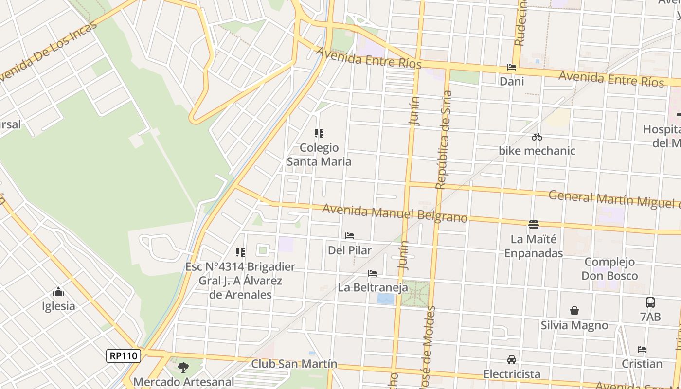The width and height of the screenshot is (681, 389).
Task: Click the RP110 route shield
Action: tap(124, 356)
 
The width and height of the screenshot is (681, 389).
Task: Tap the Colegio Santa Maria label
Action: tap(319, 154)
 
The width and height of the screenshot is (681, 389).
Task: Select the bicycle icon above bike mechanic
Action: tap(537, 137)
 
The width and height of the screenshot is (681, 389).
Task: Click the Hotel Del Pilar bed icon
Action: tap(350, 236)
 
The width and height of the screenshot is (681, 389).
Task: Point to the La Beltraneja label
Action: tap(373, 287)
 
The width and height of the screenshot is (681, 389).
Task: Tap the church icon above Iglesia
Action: tap(58, 292)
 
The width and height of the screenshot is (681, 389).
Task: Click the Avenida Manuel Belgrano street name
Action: tap(394, 213)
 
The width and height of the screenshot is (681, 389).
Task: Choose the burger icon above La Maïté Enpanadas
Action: tap(533, 225)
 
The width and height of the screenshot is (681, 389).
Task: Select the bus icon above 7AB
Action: tap(650, 302)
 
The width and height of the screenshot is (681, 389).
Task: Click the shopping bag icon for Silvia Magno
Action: tap(574, 311)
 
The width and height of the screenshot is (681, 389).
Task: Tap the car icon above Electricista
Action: tap(511, 360)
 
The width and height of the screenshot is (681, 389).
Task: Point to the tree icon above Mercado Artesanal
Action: tap(183, 367)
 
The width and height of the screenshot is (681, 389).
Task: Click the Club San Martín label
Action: tap(294, 364)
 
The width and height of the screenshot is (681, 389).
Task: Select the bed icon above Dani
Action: tap(511, 67)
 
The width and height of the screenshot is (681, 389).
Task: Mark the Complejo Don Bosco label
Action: tap(609, 269)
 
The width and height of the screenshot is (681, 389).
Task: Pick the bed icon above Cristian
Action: tap(642, 350)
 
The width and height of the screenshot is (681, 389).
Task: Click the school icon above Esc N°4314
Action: tap(240, 252)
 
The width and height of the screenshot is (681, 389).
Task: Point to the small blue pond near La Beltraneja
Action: tap(386, 299)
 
